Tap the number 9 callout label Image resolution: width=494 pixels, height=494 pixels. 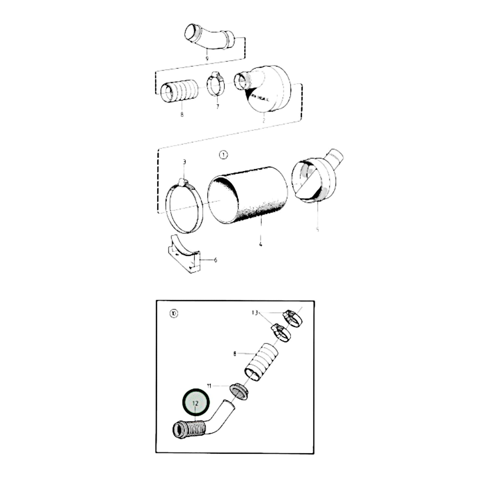coord(207,59)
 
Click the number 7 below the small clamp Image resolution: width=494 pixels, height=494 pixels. coord(217,107)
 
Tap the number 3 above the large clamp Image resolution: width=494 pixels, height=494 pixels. coord(184,162)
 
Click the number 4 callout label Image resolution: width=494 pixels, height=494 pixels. coord(261,244)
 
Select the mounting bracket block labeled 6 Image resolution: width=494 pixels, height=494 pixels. coord(184,255)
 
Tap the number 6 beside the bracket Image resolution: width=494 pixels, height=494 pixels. coord(215,260)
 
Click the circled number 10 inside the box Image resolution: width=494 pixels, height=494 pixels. coord(174,313)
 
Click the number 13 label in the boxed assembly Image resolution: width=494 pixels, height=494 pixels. coord(254,313)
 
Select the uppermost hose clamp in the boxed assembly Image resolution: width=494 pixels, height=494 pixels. coord(293,318)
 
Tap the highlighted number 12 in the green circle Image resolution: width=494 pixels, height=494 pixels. coord(196,403)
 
